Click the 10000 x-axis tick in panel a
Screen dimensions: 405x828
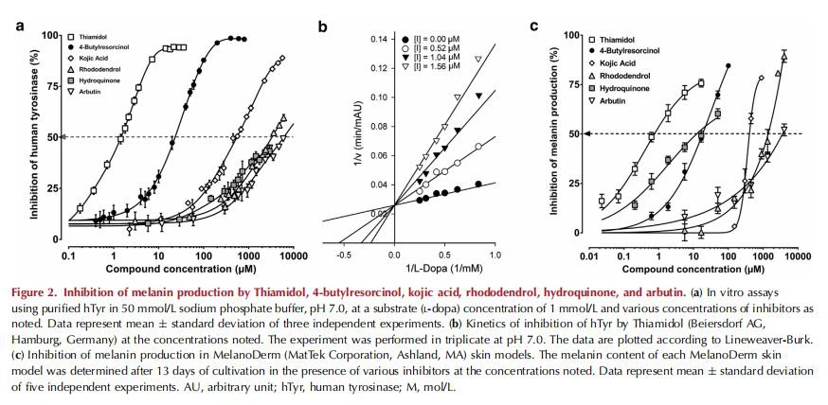[291, 255]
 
